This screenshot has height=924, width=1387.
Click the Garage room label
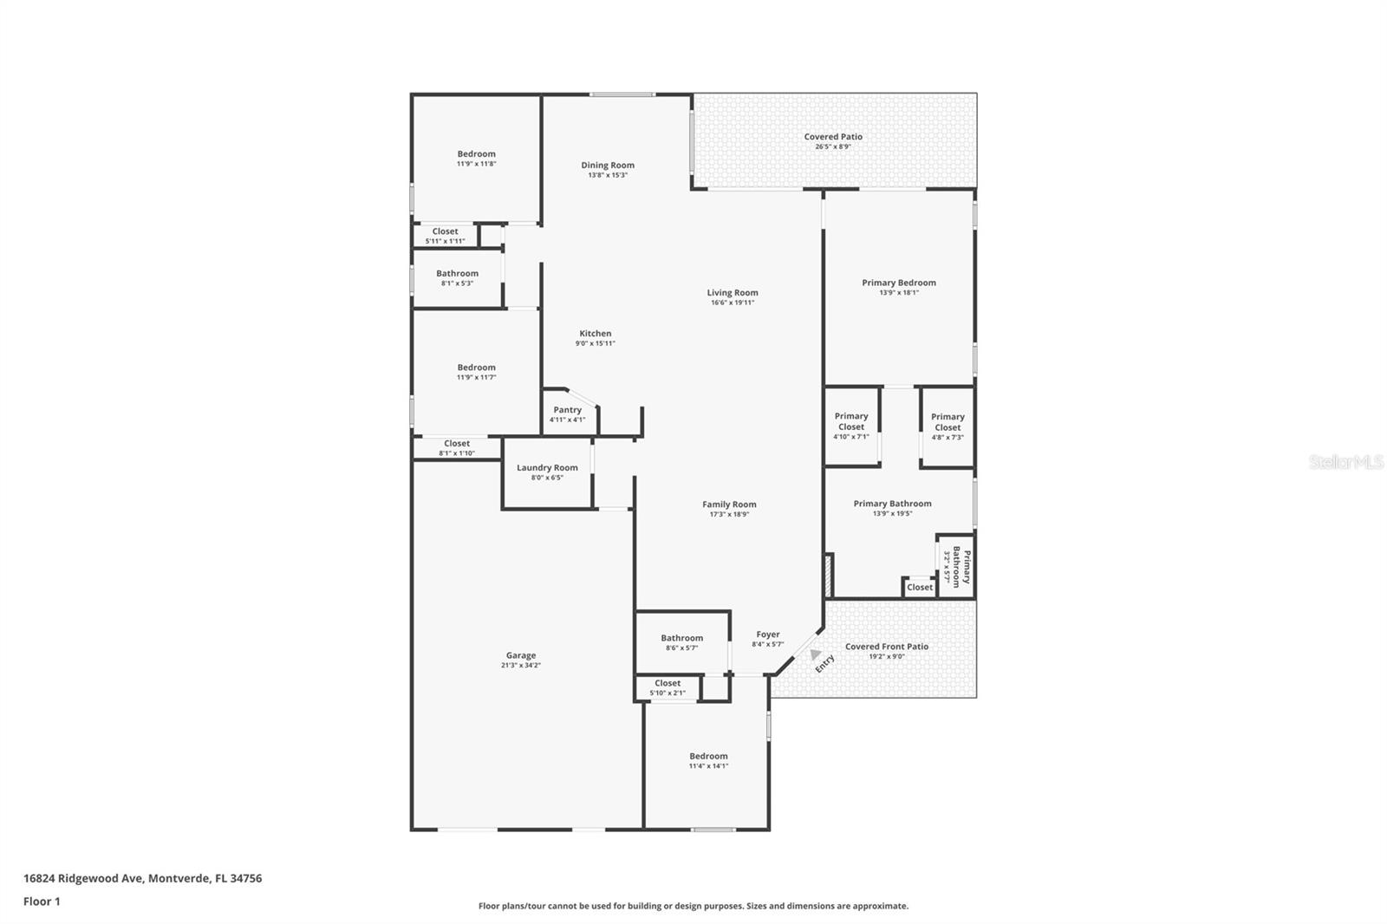coord(521,655)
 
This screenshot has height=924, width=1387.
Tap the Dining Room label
coord(608,165)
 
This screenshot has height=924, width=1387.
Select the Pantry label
coord(568,410)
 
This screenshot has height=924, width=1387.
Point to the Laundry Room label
coord(547,467)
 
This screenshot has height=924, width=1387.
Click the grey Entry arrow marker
coord(815,655)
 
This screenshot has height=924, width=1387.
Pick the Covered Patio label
coord(833,136)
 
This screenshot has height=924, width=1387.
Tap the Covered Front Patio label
coord(886,646)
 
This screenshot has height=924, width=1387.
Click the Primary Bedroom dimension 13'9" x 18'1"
coord(898,293)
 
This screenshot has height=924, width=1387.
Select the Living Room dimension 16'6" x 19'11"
coord(733,303)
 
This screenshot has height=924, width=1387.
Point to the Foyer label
coord(767,634)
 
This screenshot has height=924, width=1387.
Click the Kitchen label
coord(596,333)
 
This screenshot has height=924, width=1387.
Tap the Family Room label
coord(729,504)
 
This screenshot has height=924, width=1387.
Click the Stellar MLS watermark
coord(1345,462)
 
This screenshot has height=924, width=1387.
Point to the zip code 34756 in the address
coord(244,878)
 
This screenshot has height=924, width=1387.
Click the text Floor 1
coord(42,901)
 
